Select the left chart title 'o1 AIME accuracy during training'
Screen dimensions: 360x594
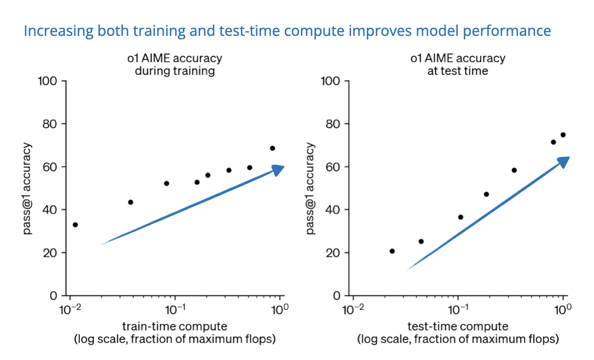tap(175, 64)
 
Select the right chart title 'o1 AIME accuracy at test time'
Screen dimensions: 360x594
tap(458, 64)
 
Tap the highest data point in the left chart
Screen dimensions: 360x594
tap(272, 149)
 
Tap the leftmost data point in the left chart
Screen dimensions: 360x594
tap(75, 225)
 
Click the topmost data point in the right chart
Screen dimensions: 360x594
tap(563, 135)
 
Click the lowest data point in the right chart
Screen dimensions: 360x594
tap(392, 251)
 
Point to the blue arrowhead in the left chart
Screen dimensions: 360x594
tap(278, 170)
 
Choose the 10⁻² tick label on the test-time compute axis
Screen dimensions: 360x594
tap(353, 310)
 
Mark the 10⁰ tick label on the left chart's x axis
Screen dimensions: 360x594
tap(280, 310)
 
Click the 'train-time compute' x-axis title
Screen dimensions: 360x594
tap(175, 327)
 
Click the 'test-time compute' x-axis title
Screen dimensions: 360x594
tap(458, 327)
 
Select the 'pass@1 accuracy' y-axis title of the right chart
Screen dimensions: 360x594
tap(310, 188)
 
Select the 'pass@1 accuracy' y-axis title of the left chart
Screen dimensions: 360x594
tap(28, 188)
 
